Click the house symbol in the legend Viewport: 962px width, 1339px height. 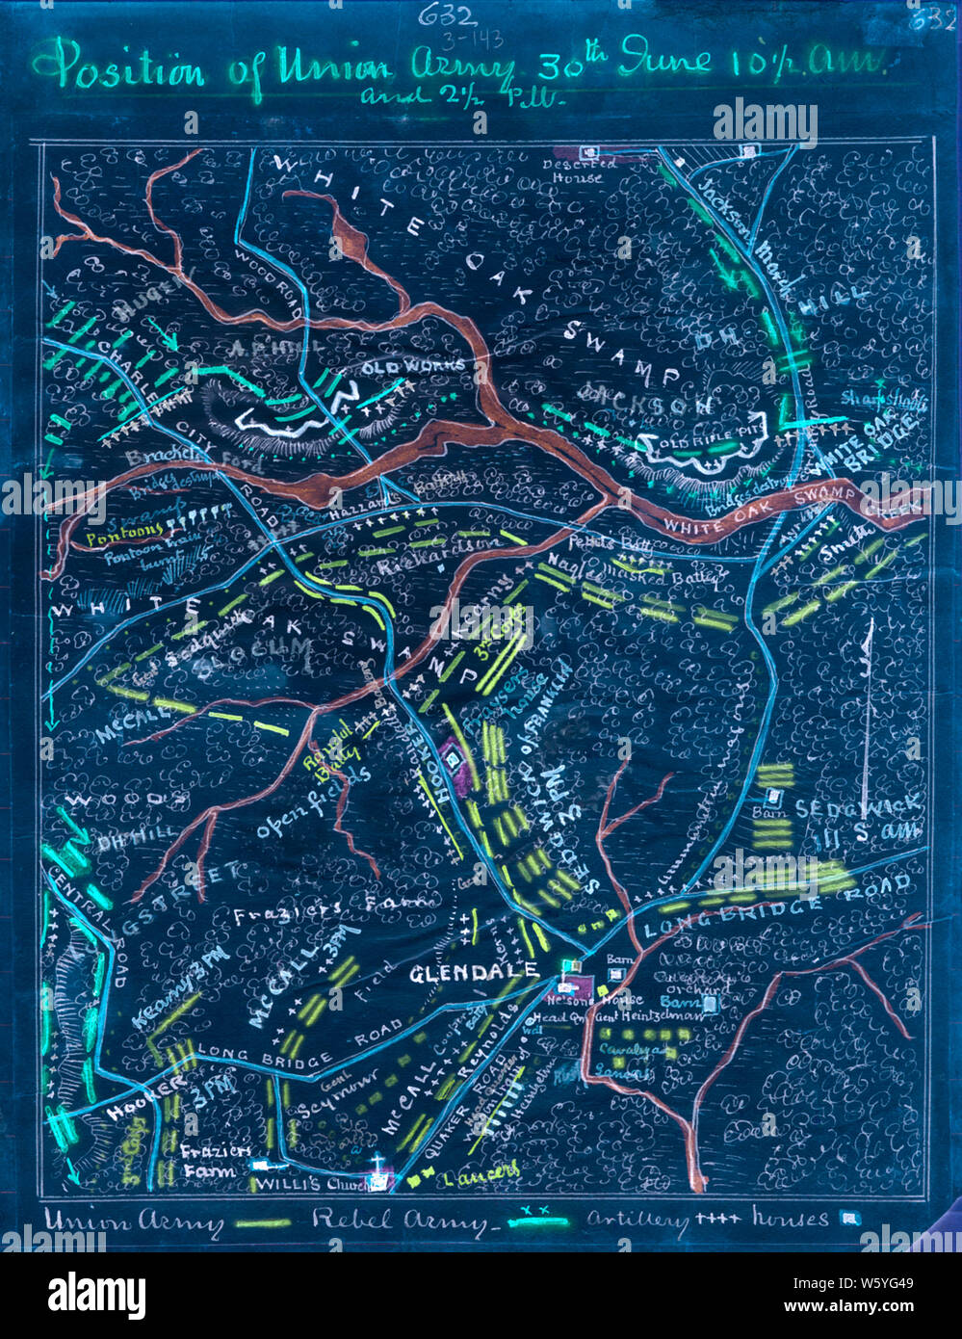(849, 1219)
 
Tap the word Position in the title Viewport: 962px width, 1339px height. (128, 69)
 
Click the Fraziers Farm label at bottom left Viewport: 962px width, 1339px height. (215, 1160)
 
